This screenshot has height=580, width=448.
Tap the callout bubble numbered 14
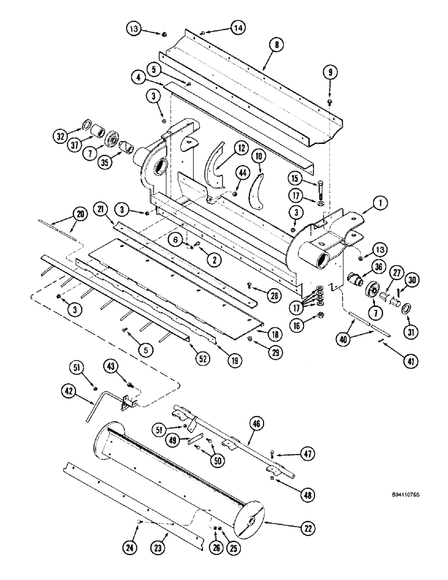tap(238, 27)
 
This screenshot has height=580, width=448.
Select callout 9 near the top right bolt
tap(330, 72)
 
